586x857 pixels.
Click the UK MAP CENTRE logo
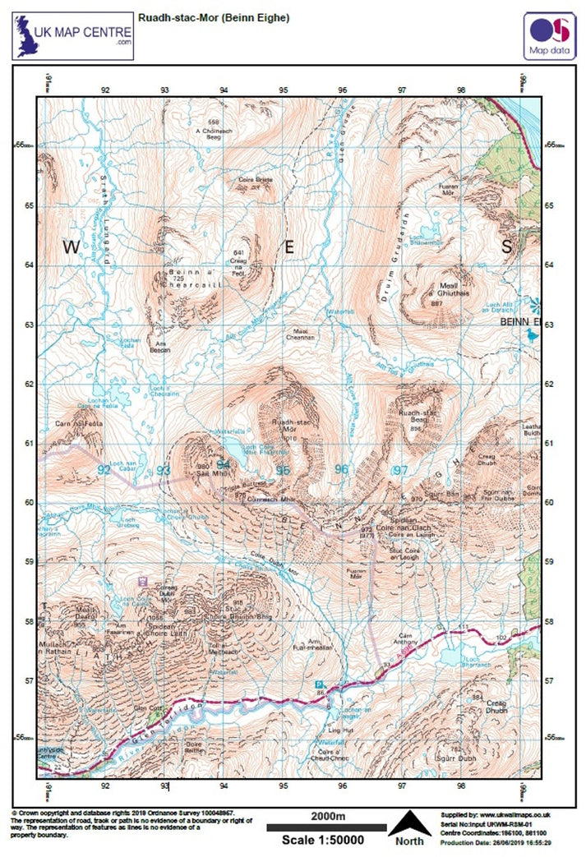(72, 35)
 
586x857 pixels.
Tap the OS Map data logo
(549, 35)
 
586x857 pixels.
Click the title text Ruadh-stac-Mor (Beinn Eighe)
(214, 17)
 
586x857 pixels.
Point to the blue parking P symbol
(321, 684)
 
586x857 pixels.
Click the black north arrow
(408, 823)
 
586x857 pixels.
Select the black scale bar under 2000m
(326, 827)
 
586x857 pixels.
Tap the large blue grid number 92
(104, 470)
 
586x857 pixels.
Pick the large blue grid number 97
(400, 470)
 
